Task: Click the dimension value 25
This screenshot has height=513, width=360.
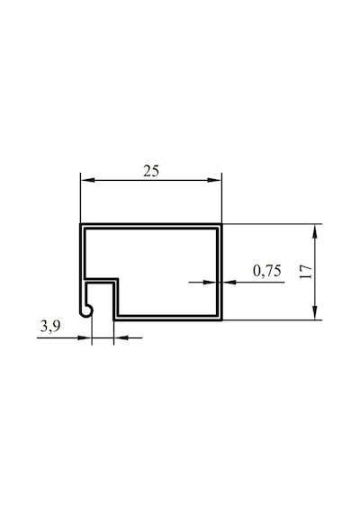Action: point(151,171)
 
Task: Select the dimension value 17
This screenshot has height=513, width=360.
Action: point(306,272)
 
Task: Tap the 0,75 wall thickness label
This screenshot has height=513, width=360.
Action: point(267,271)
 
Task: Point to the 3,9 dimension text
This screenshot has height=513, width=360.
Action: point(50,326)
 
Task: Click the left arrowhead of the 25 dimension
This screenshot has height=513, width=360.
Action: point(87,180)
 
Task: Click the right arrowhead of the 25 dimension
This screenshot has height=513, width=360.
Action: point(215,180)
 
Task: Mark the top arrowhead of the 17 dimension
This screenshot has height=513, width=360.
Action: point(315,231)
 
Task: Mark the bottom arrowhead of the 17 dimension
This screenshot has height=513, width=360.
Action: point(315,312)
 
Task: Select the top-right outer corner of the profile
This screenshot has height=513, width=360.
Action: point(222,224)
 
